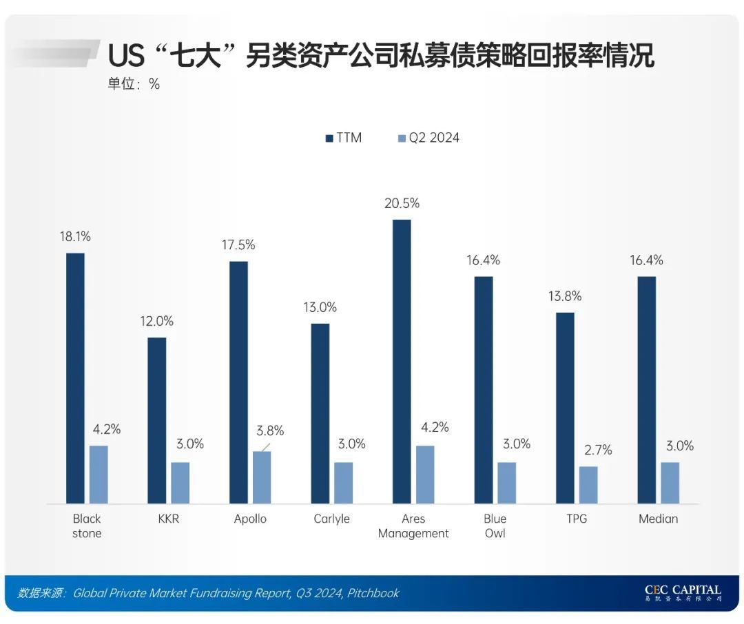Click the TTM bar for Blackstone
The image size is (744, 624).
point(75,378)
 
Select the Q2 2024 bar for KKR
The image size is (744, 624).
point(180,482)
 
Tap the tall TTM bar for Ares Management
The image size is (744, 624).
point(402,362)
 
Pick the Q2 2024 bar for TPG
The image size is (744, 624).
point(588,484)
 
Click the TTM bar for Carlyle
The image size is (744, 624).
point(320,413)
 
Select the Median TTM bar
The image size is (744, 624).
point(647,390)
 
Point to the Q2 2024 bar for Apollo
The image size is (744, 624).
point(262,477)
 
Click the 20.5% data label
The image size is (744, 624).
point(402,203)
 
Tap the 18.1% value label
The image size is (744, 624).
point(75,236)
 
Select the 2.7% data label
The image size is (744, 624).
point(597,450)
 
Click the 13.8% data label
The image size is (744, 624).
point(565,296)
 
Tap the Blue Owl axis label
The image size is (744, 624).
point(495,526)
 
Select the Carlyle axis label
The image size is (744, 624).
point(331,519)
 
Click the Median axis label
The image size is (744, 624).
point(658,519)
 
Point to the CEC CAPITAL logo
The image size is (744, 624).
point(683,592)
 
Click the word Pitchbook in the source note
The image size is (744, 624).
point(373,593)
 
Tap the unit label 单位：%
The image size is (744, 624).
point(134,84)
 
